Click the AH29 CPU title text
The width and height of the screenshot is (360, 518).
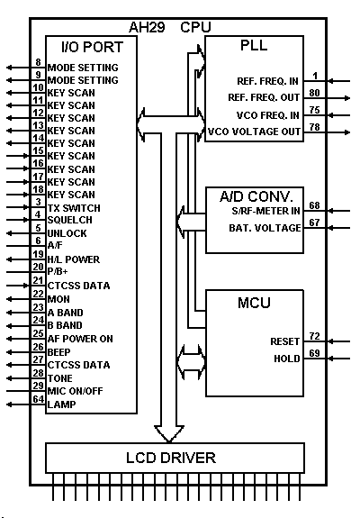[169, 27]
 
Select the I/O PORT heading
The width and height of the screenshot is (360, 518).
[93, 47]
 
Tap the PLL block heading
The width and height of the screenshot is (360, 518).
[254, 45]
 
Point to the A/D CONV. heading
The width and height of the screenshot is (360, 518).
[256, 196]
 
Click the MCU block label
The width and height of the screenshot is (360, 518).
[254, 303]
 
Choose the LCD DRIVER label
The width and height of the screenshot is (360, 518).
[171, 458]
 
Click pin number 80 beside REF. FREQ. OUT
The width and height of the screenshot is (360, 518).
[314, 93]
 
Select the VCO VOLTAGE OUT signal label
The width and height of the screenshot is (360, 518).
[254, 132]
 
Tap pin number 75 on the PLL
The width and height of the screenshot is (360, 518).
[314, 110]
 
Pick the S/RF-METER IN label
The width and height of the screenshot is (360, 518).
[266, 211]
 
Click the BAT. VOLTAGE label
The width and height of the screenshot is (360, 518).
[265, 228]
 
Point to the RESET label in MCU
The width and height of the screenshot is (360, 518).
[284, 341]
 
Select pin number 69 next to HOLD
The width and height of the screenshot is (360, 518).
[314, 353]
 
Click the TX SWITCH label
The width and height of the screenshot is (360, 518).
[74, 208]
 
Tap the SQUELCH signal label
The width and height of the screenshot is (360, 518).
[70, 220]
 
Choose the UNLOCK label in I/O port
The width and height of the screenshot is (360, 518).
[67, 233]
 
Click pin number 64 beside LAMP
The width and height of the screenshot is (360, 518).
[39, 399]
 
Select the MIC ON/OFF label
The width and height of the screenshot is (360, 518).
[76, 391]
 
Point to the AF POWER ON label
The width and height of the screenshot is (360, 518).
[80, 339]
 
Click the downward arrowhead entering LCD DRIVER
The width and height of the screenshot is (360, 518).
[169, 434]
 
